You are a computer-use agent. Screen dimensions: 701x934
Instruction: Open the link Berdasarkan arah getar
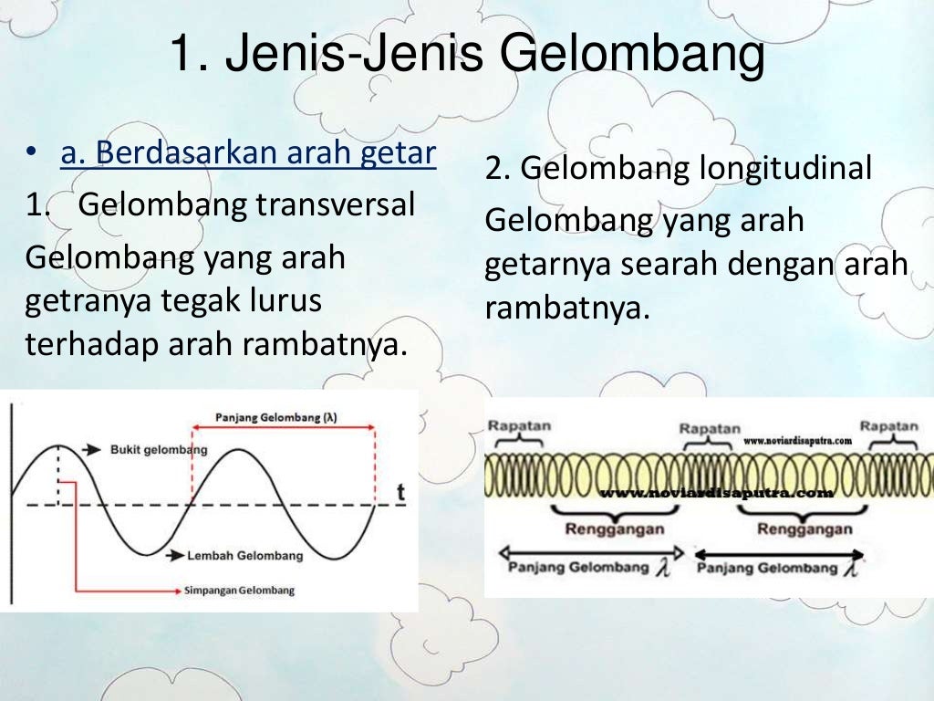coord(248,152)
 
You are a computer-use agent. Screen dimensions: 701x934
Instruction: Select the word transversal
coord(335,204)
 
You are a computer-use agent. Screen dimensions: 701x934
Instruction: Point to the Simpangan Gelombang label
coord(240,591)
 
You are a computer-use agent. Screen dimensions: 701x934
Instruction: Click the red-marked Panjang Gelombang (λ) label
coord(276,417)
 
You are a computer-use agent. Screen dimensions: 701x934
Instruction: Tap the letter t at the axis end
coord(400,492)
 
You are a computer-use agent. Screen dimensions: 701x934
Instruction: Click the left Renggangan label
coord(615,529)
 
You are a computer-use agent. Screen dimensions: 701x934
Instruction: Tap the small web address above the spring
coord(797,440)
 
